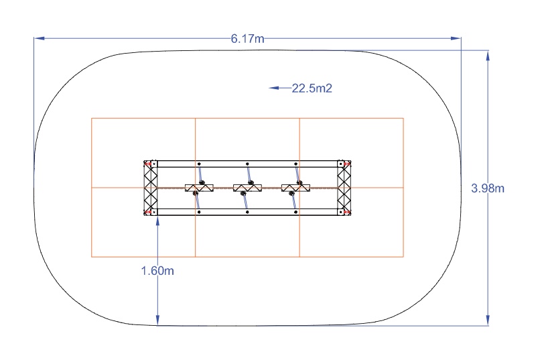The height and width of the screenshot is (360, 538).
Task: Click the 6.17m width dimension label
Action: point(247,39)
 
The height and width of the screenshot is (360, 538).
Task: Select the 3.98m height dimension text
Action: point(488,188)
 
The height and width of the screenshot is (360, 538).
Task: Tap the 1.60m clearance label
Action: point(157,271)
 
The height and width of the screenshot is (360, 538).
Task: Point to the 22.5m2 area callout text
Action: point(312,88)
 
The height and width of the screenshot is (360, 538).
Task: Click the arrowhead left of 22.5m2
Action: point(273,88)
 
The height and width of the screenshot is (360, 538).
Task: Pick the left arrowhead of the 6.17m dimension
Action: point(39,38)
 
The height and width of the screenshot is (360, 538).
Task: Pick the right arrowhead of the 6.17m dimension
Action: point(456,38)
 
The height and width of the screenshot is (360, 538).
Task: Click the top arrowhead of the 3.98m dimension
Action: point(488,56)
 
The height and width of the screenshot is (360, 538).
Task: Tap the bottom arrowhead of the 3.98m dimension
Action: point(488,320)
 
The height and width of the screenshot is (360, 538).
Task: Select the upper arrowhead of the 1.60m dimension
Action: point(157,222)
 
